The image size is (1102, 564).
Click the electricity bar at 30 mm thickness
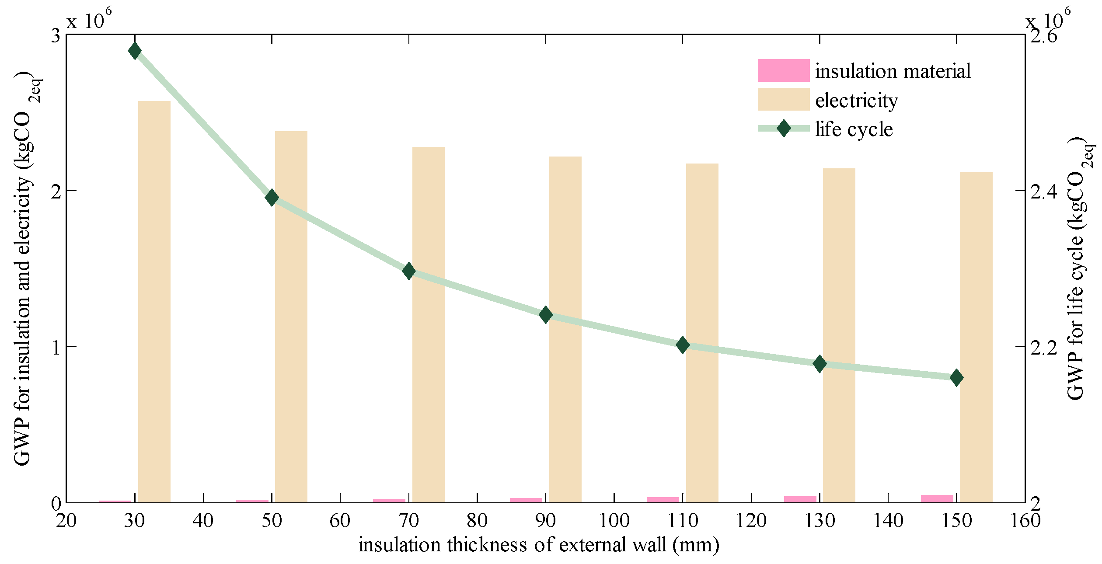(x=154, y=302)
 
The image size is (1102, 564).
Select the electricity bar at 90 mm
(x=565, y=329)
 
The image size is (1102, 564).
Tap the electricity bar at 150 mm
(x=976, y=337)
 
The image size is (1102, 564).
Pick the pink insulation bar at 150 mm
(x=937, y=498)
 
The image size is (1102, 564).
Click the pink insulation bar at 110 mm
(x=663, y=500)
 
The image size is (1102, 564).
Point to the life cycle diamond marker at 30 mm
(x=135, y=51)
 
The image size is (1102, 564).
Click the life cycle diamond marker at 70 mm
(x=409, y=271)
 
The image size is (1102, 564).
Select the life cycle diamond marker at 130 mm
(x=820, y=363)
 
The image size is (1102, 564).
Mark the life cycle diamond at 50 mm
(x=272, y=198)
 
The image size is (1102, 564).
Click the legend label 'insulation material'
(x=893, y=71)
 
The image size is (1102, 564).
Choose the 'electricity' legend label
(x=856, y=101)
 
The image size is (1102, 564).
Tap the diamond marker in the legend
(x=784, y=129)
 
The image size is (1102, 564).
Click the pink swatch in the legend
(x=783, y=70)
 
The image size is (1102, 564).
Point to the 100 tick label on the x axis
(x=614, y=521)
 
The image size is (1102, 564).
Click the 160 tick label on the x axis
(x=1025, y=521)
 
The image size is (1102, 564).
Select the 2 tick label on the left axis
(x=56, y=191)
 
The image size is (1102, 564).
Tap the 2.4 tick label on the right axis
(x=1043, y=191)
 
